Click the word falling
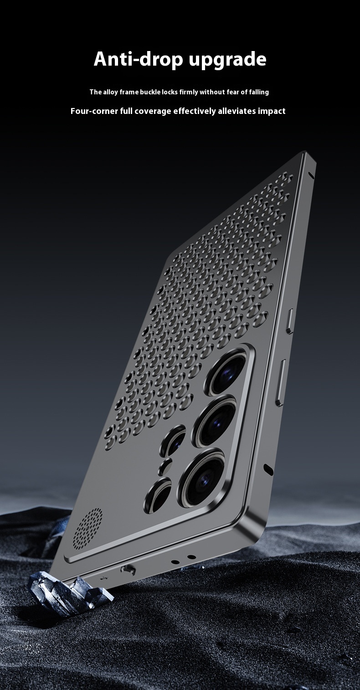[x=259, y=92]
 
